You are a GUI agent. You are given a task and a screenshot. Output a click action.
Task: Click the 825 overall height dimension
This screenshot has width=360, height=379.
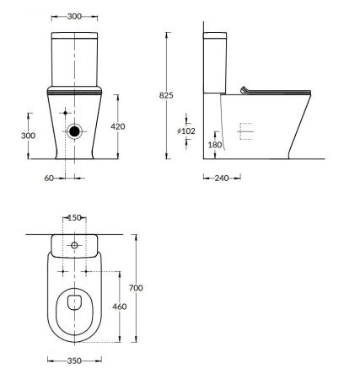[x=167, y=96]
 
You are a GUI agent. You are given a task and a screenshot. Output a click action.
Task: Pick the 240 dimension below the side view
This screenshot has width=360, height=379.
[x=222, y=178]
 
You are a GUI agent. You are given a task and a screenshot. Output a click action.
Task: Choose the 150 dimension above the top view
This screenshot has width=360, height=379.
[x=74, y=218]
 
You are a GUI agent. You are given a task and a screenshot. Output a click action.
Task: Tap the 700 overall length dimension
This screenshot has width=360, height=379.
[x=137, y=288]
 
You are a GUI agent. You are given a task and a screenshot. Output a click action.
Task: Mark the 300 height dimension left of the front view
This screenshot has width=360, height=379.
[x=29, y=135]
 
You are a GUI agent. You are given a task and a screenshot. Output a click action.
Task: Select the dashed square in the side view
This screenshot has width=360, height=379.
[x=245, y=131]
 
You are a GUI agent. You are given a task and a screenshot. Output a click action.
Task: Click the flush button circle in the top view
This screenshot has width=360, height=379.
[x=74, y=245]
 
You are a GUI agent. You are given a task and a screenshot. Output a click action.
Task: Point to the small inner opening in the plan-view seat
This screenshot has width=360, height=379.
[x=74, y=303]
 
